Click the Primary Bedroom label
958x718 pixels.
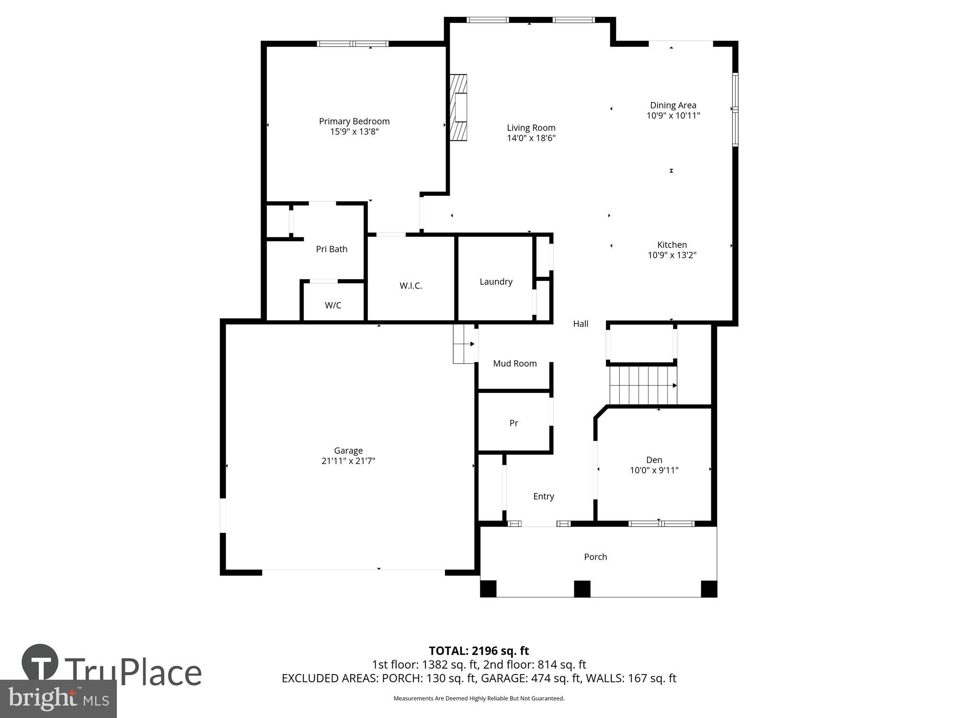click(x=354, y=121)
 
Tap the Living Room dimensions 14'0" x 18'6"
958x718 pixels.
click(x=531, y=138)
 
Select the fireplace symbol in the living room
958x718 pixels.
click(x=459, y=108)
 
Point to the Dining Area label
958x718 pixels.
click(x=673, y=105)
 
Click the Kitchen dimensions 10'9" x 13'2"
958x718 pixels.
click(x=672, y=255)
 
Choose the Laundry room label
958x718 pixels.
click(x=496, y=281)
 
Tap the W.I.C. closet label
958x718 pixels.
click(x=411, y=286)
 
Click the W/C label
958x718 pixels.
click(x=333, y=305)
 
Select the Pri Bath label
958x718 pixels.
click(x=331, y=249)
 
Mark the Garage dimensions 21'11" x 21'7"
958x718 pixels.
click(x=348, y=461)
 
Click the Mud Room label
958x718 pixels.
click(x=514, y=363)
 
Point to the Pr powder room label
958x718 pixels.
click(x=513, y=423)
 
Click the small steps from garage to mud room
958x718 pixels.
click(x=464, y=344)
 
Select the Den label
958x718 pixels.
click(x=654, y=460)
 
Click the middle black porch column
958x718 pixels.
click(x=582, y=588)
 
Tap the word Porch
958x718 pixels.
click(x=595, y=557)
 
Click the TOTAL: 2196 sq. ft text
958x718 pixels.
click(x=479, y=651)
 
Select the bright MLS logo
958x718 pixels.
click(x=58, y=699)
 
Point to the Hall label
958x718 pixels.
click(x=581, y=324)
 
